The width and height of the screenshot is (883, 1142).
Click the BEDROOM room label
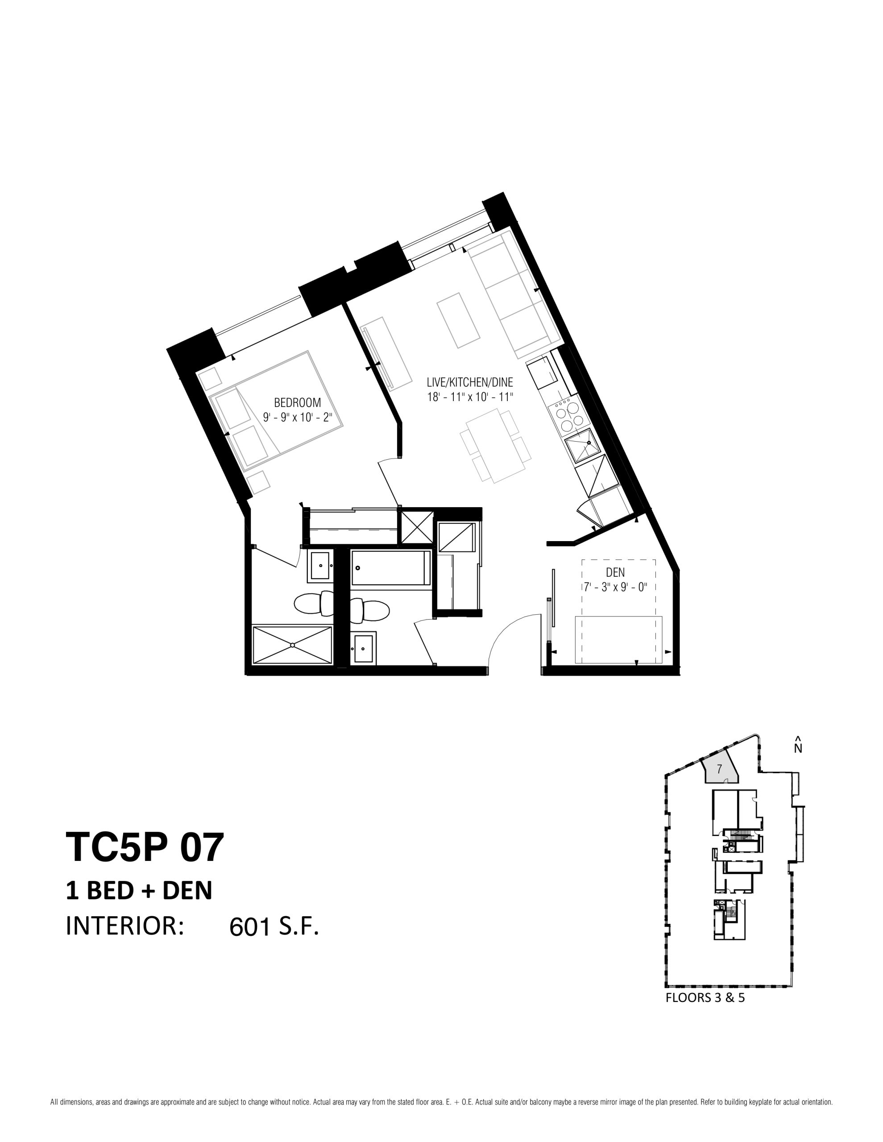(297, 403)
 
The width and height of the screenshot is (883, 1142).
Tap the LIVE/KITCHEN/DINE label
(470, 382)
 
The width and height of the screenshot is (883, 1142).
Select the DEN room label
(615, 573)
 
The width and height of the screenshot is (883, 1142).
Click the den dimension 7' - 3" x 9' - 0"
(615, 587)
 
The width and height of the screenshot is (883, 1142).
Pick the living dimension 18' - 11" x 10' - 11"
(470, 397)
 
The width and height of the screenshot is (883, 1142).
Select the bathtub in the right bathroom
(391, 568)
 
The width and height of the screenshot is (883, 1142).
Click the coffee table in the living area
(458, 320)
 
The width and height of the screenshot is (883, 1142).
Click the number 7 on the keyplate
(719, 769)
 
